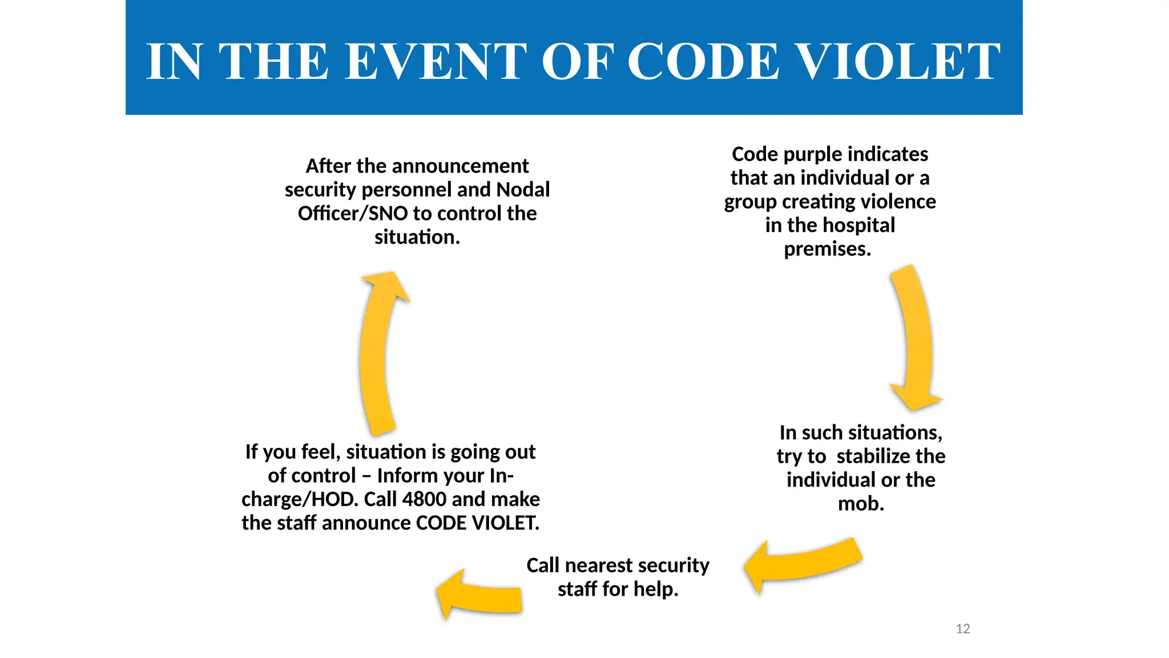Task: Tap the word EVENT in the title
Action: pos(436,62)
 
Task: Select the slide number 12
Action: pos(963,629)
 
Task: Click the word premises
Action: pos(827,249)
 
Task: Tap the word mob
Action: pos(861,504)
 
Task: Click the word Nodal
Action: pos(523,190)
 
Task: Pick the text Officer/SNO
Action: pos(352,214)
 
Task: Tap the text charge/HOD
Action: pos(300,499)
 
